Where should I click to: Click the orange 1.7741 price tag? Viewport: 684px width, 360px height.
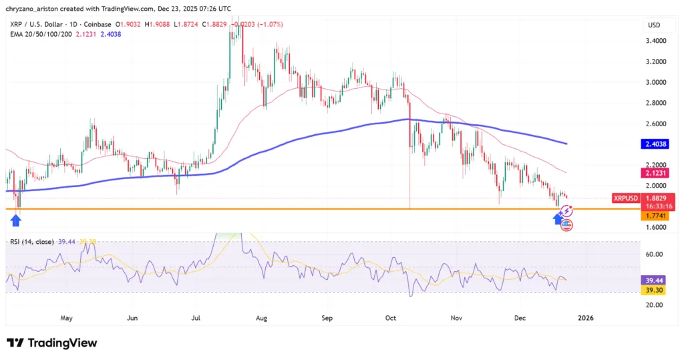click(654, 216)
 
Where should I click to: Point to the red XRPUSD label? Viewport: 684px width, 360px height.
click(626, 198)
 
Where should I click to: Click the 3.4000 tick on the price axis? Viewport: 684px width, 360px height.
click(654, 41)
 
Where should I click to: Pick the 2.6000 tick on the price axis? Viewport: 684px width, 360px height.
click(654, 124)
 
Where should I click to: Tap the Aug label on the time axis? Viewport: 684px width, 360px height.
click(261, 318)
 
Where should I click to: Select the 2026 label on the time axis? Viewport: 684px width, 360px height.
click(584, 318)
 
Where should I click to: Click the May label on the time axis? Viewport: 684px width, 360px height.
click(66, 318)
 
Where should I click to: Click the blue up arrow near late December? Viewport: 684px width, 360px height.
click(558, 217)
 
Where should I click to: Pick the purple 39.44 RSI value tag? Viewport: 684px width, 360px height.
click(654, 281)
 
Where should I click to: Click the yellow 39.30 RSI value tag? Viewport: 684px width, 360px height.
click(654, 291)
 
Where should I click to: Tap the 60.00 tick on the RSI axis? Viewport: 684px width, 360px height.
click(654, 254)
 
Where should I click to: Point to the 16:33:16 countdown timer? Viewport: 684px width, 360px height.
click(654, 207)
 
